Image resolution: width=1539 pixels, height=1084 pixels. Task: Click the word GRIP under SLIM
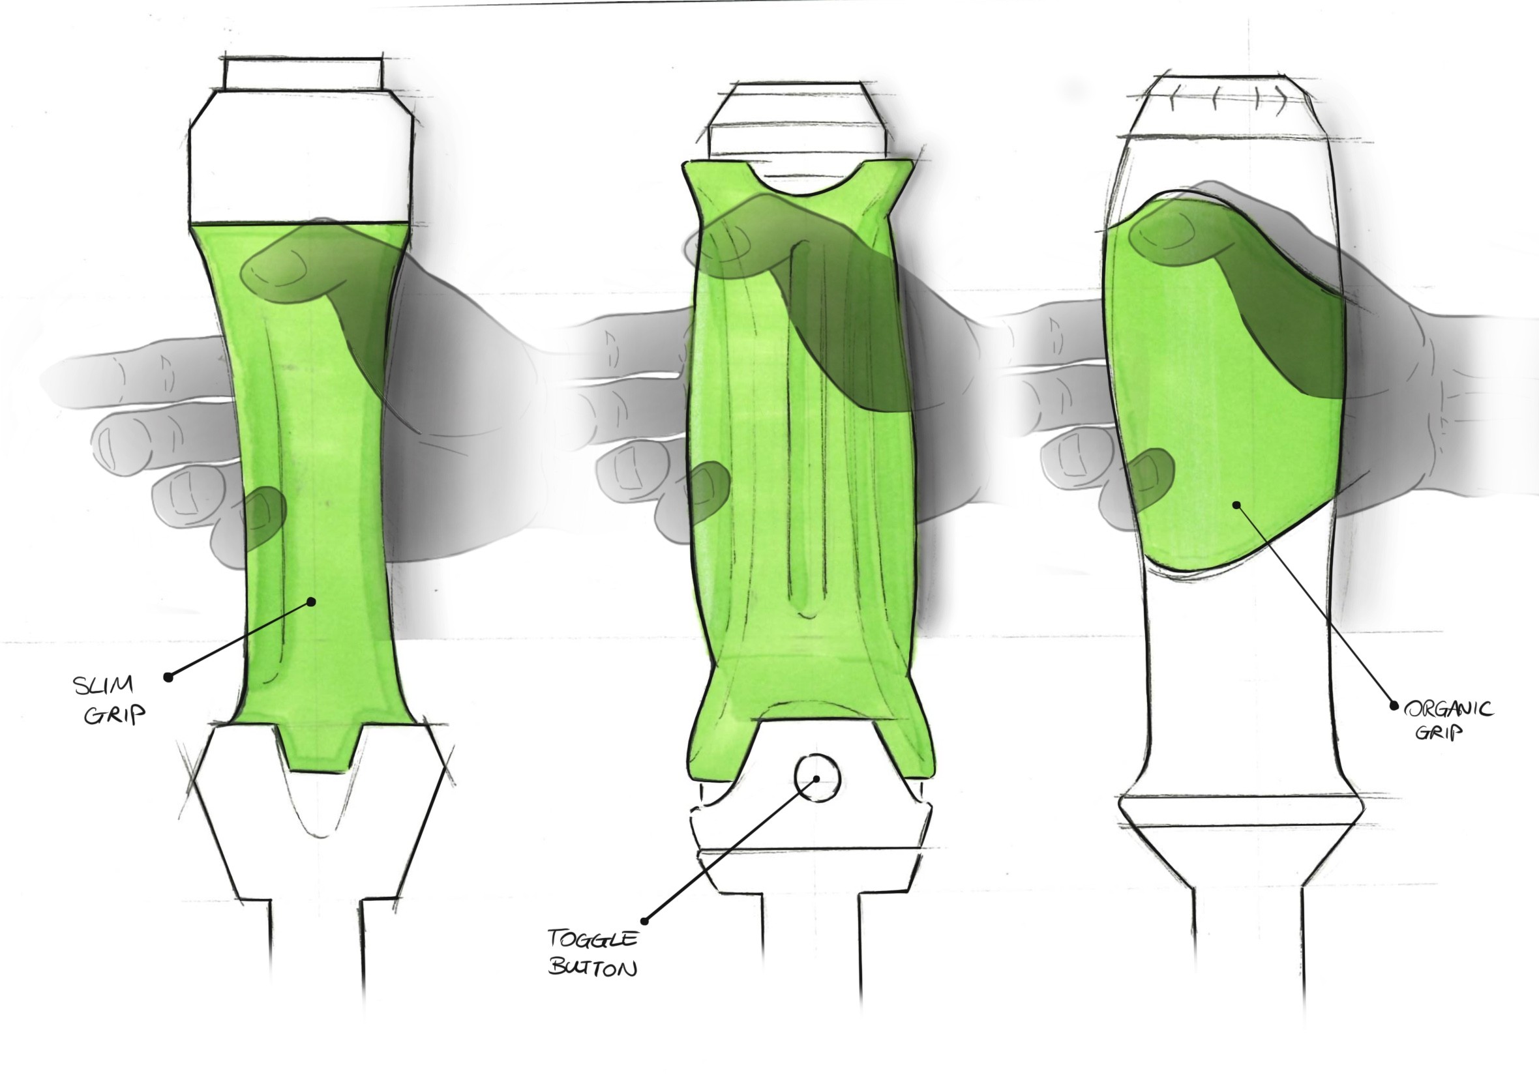pos(115,715)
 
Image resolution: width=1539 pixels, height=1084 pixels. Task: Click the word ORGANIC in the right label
pos(1448,709)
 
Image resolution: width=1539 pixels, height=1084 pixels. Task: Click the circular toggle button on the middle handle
pos(816,778)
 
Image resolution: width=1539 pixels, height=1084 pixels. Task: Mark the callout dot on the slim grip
pos(311,602)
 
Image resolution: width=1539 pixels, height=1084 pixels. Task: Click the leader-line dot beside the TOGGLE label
pos(646,920)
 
